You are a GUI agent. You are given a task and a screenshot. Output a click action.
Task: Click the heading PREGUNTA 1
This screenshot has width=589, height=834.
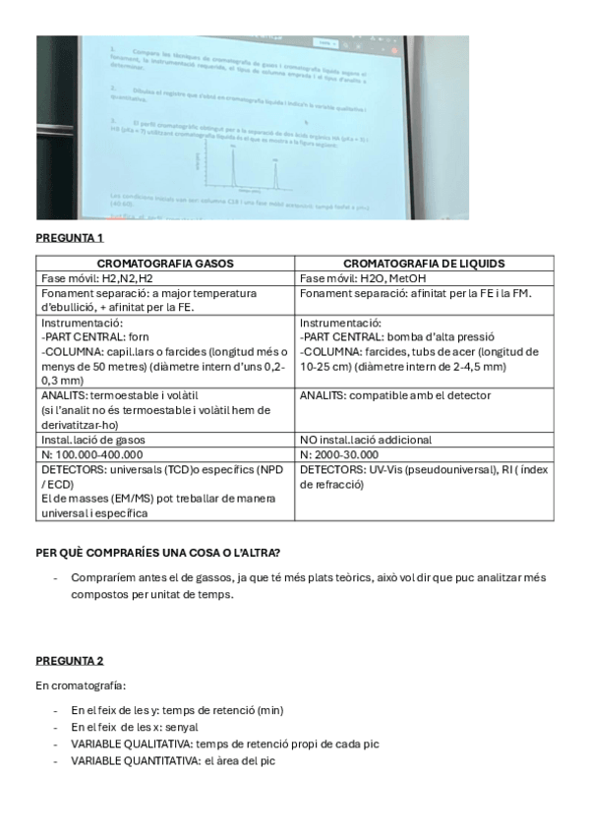70,238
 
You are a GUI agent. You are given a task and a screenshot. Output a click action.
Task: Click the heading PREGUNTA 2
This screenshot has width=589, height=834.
70,660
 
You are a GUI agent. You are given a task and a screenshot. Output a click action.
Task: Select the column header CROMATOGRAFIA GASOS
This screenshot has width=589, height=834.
166,264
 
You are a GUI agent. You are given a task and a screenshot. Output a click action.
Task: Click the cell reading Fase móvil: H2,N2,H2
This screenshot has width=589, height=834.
92,278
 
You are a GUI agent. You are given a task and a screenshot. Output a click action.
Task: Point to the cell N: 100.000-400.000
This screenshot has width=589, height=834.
92,454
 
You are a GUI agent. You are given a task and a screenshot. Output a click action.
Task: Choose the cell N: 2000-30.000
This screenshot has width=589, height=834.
345,454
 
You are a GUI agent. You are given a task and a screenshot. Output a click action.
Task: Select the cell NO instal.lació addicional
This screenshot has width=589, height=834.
365,440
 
